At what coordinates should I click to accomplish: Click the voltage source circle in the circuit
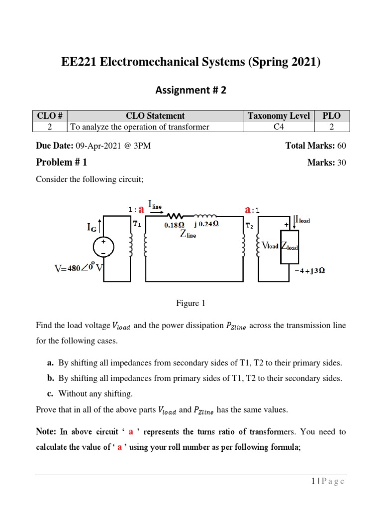point(103,247)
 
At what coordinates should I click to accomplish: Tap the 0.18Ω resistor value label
point(175,225)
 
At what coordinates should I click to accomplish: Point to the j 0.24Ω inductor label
point(206,224)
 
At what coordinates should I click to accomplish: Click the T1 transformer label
point(137,224)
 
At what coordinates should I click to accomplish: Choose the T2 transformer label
point(250,225)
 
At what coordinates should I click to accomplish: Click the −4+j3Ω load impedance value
point(310,271)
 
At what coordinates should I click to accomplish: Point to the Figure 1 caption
point(191,303)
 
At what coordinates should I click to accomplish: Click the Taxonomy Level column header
point(279,116)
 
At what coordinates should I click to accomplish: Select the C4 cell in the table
point(279,127)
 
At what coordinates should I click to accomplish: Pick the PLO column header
point(331,116)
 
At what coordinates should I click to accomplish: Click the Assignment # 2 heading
point(191,90)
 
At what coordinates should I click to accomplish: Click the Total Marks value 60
point(341,146)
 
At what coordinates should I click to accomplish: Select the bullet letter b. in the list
point(51,378)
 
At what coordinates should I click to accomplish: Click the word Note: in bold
point(46,431)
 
